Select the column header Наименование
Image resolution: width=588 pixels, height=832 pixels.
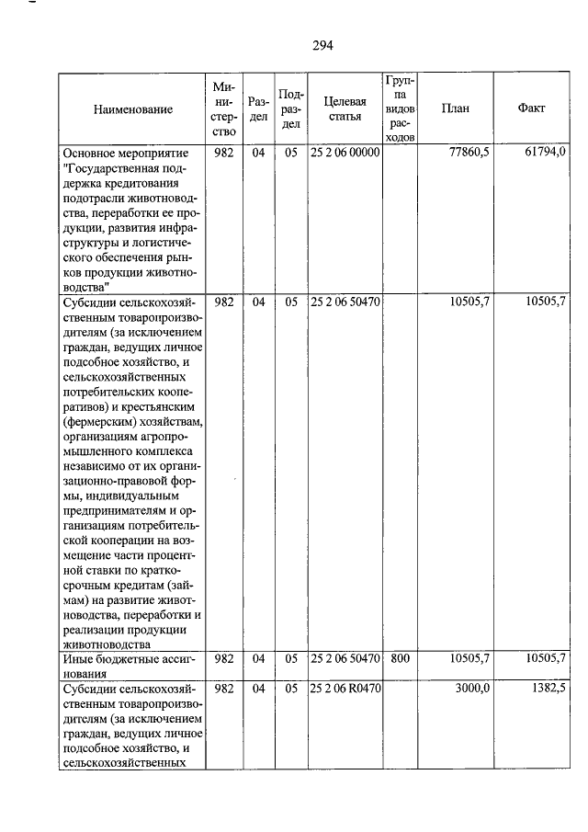[x=133, y=109]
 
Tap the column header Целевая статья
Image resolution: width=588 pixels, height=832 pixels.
[x=345, y=109]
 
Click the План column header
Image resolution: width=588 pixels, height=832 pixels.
[x=455, y=108]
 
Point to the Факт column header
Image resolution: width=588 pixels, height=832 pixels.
[x=531, y=108]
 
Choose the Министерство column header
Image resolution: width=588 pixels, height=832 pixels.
[x=224, y=109]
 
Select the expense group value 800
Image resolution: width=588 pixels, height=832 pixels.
[x=400, y=658]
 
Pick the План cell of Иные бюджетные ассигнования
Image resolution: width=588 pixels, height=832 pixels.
[x=469, y=658]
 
